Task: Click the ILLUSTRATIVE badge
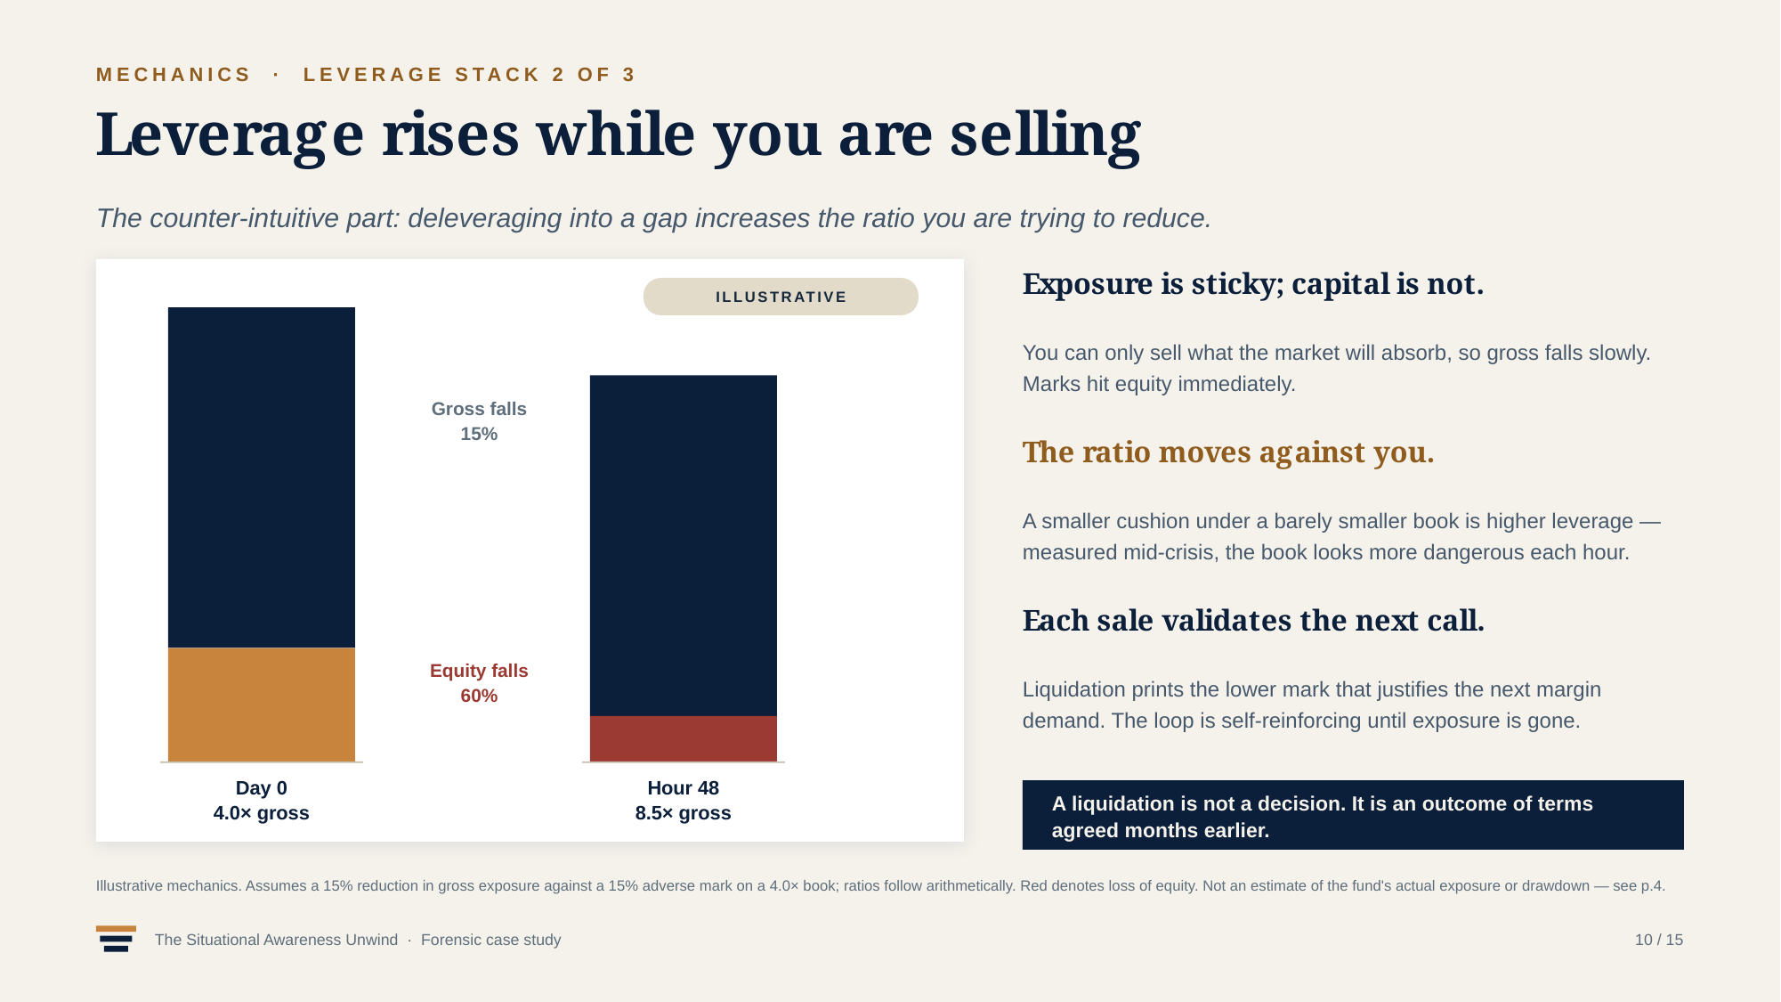[781, 297]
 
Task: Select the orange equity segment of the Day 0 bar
[262, 705]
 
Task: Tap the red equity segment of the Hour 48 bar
[684, 738]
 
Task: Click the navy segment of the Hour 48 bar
[684, 545]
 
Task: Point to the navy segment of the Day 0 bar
[262, 477]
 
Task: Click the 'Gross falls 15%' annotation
[479, 421]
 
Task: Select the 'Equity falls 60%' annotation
[479, 683]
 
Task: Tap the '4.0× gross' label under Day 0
[262, 813]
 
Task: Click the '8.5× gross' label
[684, 813]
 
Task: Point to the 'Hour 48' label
[684, 788]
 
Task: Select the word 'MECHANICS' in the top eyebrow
[174, 75]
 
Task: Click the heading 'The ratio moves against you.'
[1228, 452]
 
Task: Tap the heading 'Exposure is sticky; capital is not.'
[1253, 284]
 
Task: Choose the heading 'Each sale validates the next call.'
[1253, 621]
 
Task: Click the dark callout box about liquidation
[1353, 815]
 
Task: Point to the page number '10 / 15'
[1659, 940]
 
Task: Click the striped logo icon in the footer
[117, 939]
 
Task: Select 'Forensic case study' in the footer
[491, 940]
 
